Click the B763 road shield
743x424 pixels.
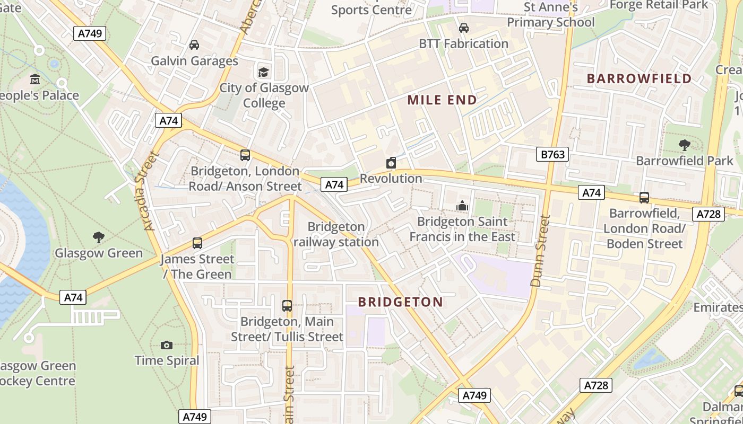click(x=552, y=154)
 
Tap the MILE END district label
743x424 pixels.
click(x=442, y=100)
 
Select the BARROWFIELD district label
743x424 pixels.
click(x=639, y=78)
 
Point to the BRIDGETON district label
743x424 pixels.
click(x=400, y=302)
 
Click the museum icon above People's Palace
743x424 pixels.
click(x=35, y=79)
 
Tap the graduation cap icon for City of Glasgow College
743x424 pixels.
click(x=263, y=72)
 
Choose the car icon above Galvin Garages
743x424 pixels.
click(x=194, y=45)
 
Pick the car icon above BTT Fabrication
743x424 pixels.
click(x=464, y=28)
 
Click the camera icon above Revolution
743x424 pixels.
click(x=391, y=163)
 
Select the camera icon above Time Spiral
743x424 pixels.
click(x=167, y=345)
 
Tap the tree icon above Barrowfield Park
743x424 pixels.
click(x=685, y=145)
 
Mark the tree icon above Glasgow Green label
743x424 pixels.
click(x=98, y=237)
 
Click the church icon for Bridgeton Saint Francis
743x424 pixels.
click(x=462, y=206)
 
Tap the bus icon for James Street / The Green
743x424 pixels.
click(x=197, y=243)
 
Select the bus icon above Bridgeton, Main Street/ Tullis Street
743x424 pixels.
click(x=287, y=306)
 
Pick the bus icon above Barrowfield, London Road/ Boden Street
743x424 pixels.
click(x=644, y=198)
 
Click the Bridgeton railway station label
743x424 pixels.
click(x=336, y=234)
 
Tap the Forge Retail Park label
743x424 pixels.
click(x=659, y=5)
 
